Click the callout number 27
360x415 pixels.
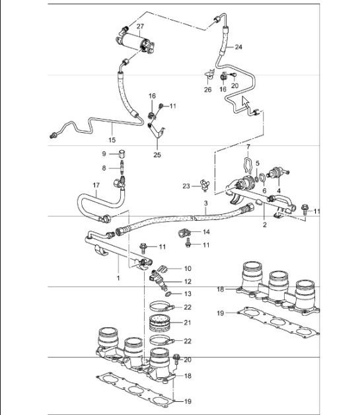tap(140, 26)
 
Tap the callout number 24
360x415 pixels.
tap(238, 48)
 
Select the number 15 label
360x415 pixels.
tap(112, 139)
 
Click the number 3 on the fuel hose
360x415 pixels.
tap(205, 202)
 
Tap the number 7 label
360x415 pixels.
tap(248, 145)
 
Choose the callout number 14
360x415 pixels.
tap(205, 232)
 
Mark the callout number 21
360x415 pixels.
tap(188, 322)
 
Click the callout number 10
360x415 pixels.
tap(187, 269)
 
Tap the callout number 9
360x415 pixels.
tap(103, 154)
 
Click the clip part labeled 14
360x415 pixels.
tap(185, 233)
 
